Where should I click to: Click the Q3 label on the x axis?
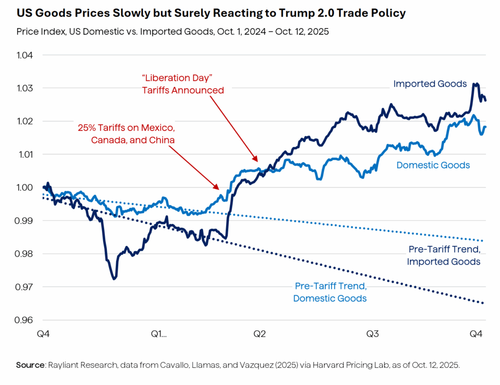[373, 334]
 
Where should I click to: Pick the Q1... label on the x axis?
[159, 334]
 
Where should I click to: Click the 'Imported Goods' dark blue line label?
[430, 84]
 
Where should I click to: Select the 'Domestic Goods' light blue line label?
[433, 165]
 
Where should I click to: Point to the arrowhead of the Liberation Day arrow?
[256, 160]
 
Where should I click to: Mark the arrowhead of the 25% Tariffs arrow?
[218, 188]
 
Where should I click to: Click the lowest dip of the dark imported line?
[114, 279]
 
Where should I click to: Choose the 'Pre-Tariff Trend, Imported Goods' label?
[444, 256]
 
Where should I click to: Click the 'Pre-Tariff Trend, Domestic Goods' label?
[330, 292]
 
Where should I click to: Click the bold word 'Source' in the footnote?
[30, 365]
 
